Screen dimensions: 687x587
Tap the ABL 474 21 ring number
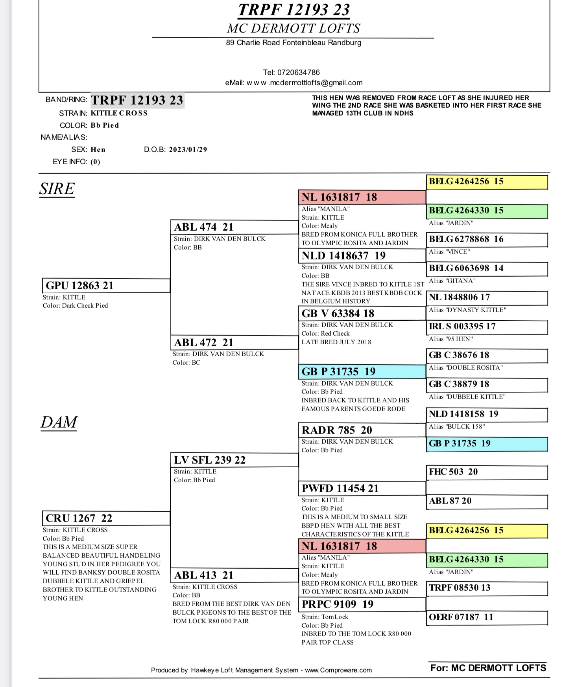204,227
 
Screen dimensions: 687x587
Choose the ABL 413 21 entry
204,575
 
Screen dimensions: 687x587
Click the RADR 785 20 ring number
337,430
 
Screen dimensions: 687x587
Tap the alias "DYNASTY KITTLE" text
467,310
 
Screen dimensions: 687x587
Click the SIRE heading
57,189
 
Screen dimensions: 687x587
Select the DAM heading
59,422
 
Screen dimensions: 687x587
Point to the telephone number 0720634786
298,72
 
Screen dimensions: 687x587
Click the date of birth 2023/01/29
188,150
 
